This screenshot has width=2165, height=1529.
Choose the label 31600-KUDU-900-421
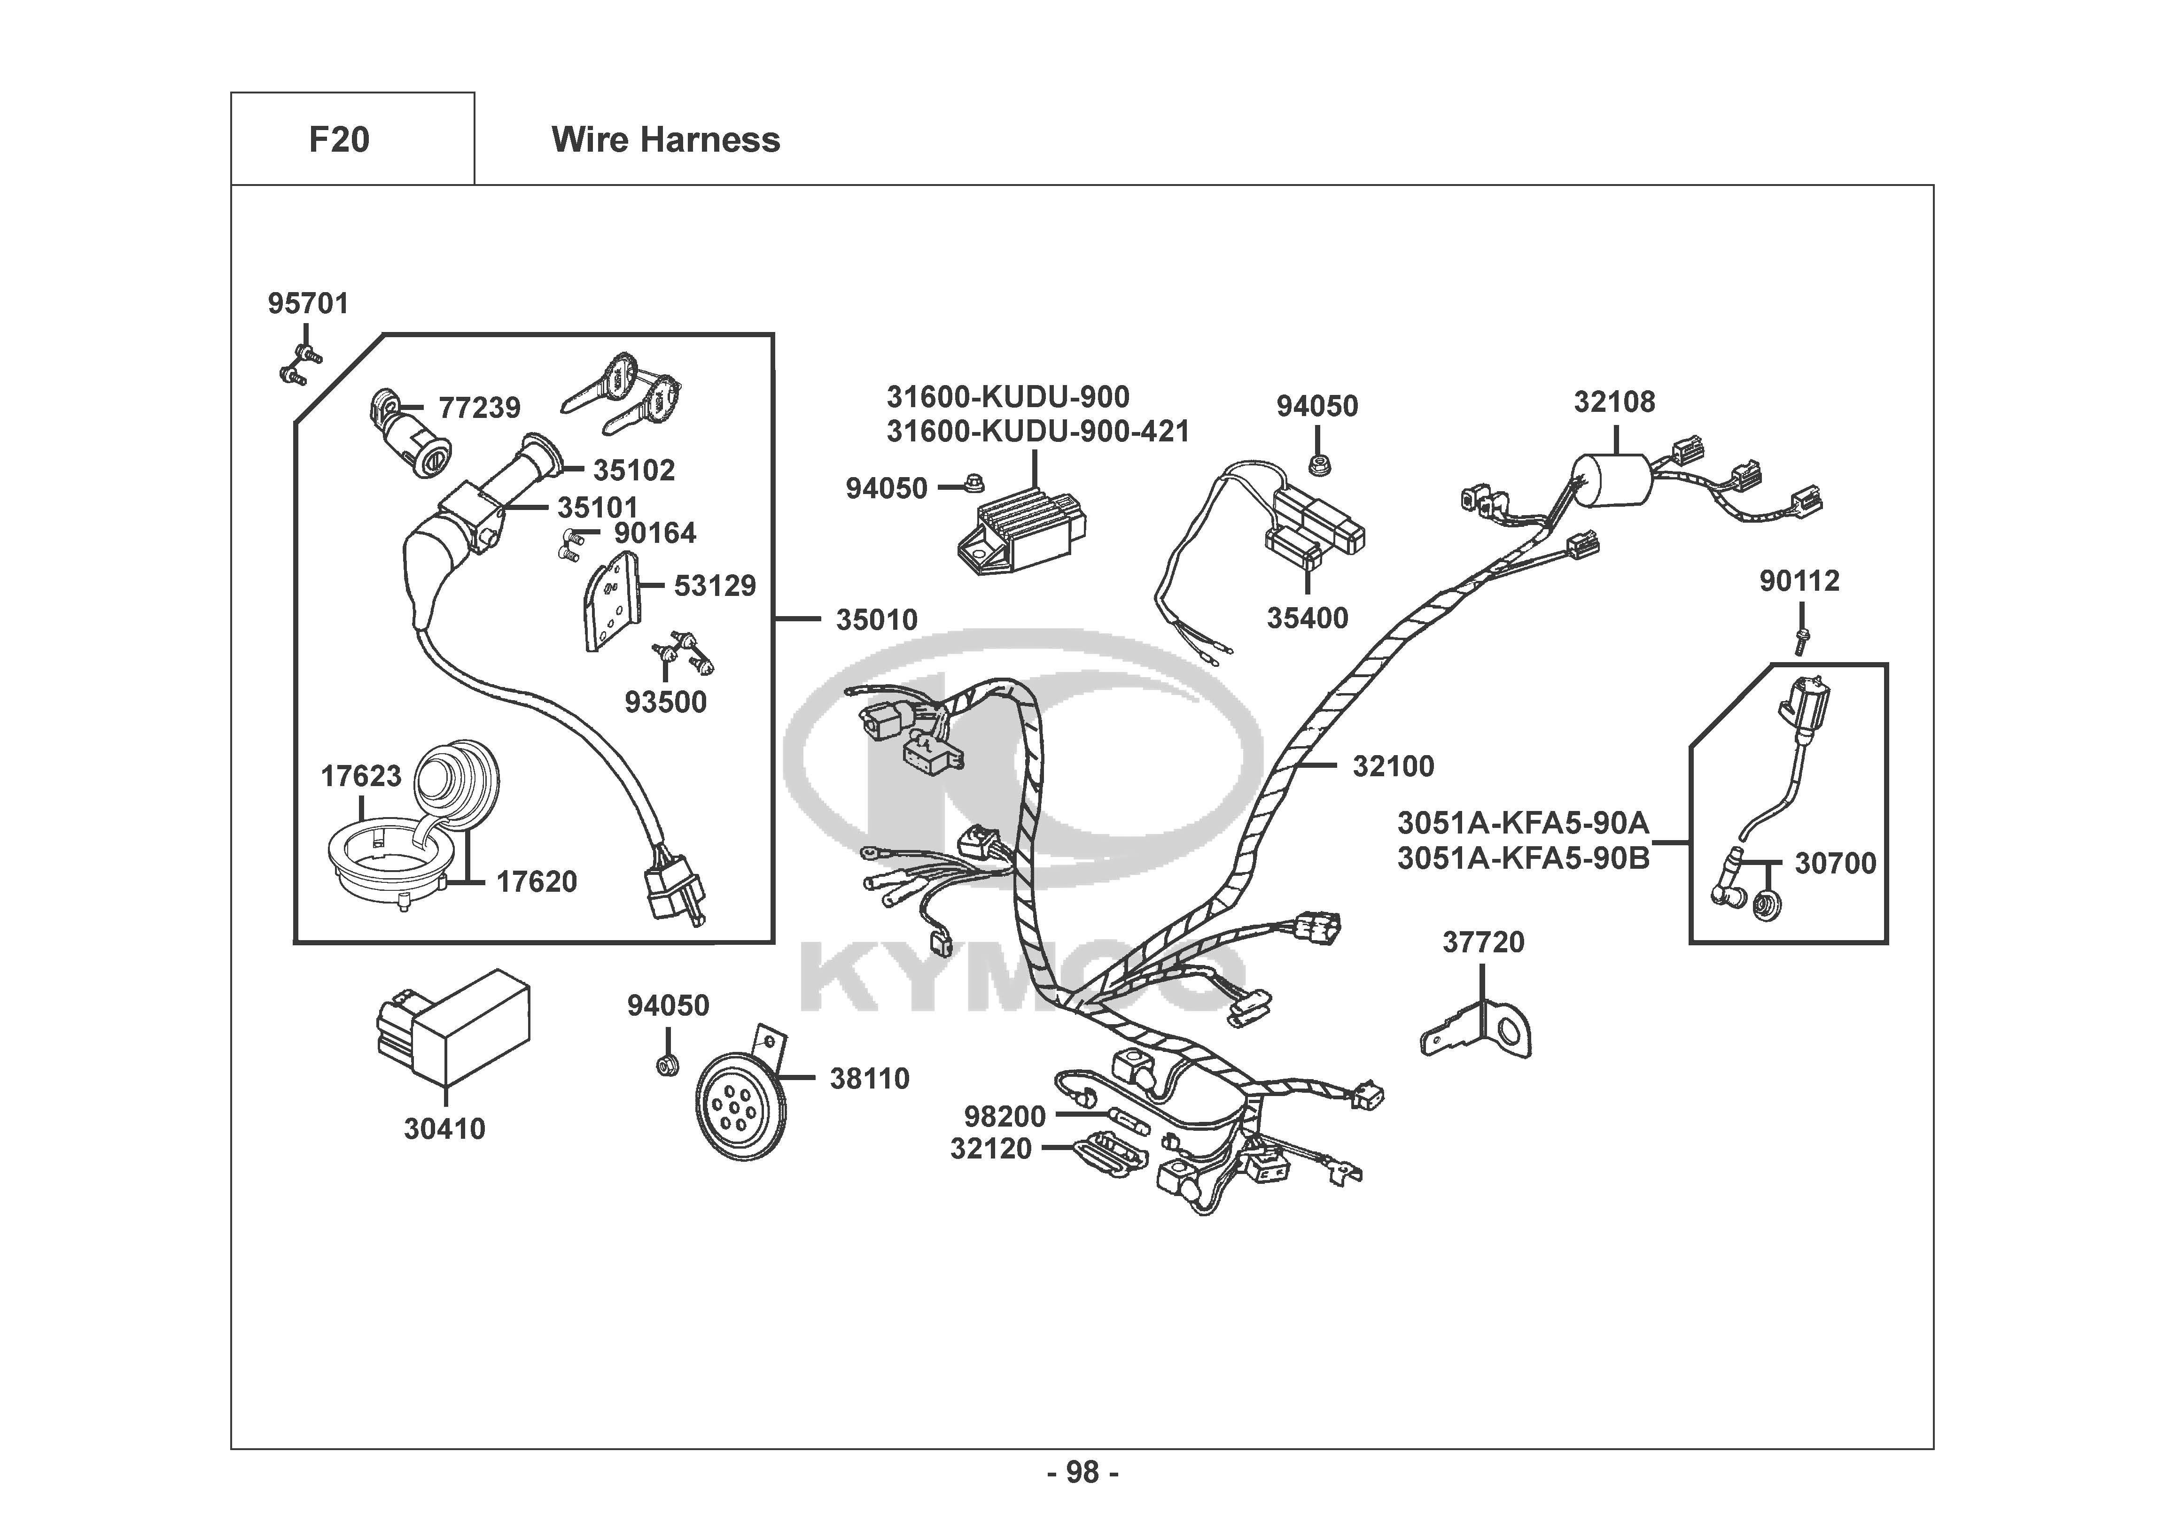[x=1037, y=432]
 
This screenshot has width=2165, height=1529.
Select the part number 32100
[x=1393, y=766]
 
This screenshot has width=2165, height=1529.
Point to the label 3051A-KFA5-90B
[x=1523, y=859]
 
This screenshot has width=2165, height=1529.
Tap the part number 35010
[x=876, y=620]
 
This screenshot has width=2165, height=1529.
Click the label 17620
[x=537, y=882]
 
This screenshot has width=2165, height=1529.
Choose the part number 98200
[x=1004, y=1116]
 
